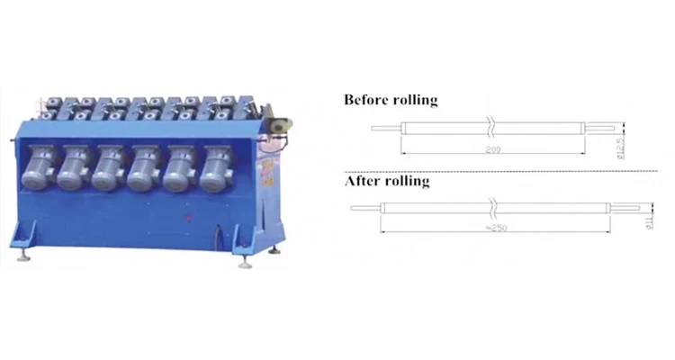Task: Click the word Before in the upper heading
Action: tap(366, 100)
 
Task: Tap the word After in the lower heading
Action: tap(362, 182)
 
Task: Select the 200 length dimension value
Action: tap(493, 149)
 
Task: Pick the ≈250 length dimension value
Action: tap(494, 229)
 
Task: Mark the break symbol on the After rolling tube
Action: tap(493, 209)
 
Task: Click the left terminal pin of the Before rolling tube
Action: tap(387, 127)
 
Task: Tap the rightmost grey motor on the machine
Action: tap(215, 168)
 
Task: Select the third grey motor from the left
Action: tap(108, 168)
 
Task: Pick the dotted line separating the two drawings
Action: tap(504, 170)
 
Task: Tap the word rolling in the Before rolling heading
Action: tap(415, 100)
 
